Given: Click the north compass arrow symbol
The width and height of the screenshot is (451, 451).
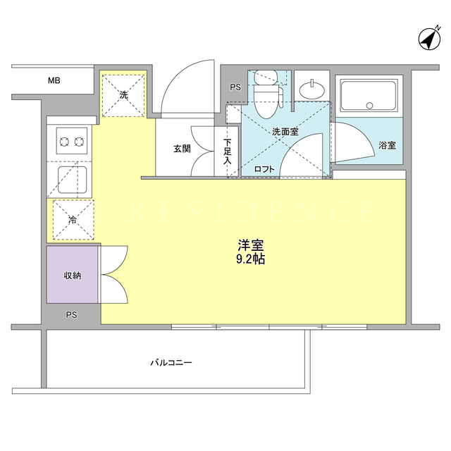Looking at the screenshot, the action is pyautogui.click(x=429, y=39).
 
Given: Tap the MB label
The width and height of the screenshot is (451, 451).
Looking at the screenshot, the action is pyautogui.click(x=54, y=80).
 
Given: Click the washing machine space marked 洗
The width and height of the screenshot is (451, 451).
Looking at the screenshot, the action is pyautogui.click(x=123, y=96).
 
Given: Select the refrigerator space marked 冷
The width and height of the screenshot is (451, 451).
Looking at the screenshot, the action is pyautogui.click(x=73, y=220).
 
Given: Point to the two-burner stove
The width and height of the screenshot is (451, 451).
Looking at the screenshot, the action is pyautogui.click(x=72, y=141).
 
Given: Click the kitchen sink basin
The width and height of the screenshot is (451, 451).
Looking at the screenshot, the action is pyautogui.click(x=72, y=180).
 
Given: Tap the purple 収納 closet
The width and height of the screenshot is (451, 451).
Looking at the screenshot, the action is pyautogui.click(x=72, y=274).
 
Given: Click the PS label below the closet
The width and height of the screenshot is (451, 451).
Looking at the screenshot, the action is pyautogui.click(x=72, y=315).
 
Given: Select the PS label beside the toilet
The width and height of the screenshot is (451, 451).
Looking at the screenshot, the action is pyautogui.click(x=235, y=87).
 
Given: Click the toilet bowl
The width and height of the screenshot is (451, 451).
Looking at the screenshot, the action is pyautogui.click(x=266, y=102).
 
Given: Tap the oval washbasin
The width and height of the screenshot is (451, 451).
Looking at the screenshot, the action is pyautogui.click(x=312, y=89).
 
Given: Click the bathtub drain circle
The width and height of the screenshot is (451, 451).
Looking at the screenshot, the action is pyautogui.click(x=369, y=106).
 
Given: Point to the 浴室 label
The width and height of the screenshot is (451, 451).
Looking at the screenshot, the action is pyautogui.click(x=387, y=146).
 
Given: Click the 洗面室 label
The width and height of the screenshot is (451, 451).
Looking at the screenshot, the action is pyautogui.click(x=285, y=132).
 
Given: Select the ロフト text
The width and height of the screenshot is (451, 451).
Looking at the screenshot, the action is pyautogui.click(x=264, y=169).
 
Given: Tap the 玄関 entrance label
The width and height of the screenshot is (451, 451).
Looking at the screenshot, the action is pyautogui.click(x=182, y=149).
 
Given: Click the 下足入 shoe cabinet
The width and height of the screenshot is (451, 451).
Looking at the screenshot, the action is pyautogui.click(x=227, y=151).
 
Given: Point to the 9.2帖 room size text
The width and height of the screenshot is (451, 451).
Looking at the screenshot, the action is pyautogui.click(x=251, y=259).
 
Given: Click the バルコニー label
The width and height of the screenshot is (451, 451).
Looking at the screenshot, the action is pyautogui.click(x=171, y=362).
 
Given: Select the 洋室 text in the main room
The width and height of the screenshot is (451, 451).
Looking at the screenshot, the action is pyautogui.click(x=251, y=245).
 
